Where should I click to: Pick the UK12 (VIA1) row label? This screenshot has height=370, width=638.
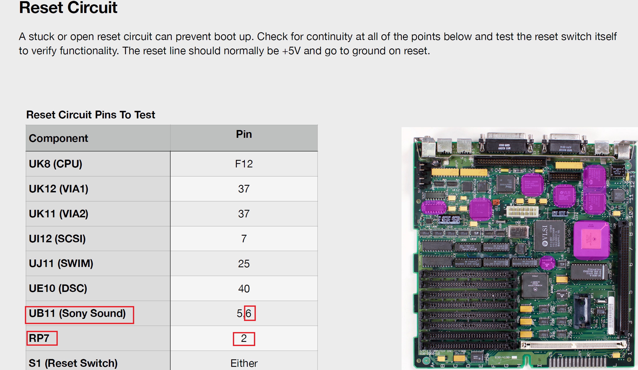click(x=58, y=189)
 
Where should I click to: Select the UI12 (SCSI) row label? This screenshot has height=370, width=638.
click(x=57, y=239)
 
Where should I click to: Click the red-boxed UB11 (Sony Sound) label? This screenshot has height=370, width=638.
click(x=77, y=314)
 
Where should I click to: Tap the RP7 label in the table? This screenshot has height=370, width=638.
click(x=39, y=338)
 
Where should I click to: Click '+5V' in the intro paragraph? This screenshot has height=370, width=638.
click(x=291, y=51)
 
